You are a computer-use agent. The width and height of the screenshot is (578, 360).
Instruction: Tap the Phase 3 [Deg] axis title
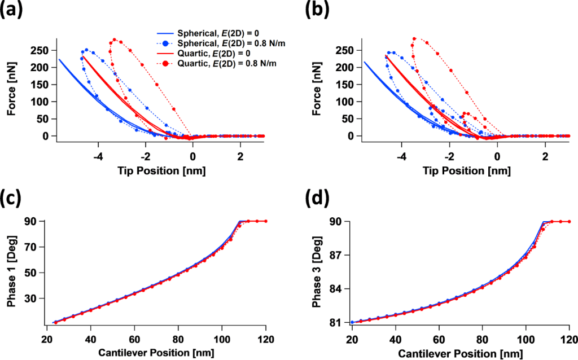(x=317, y=273)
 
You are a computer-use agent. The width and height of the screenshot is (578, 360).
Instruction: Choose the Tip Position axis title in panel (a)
(x=161, y=170)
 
